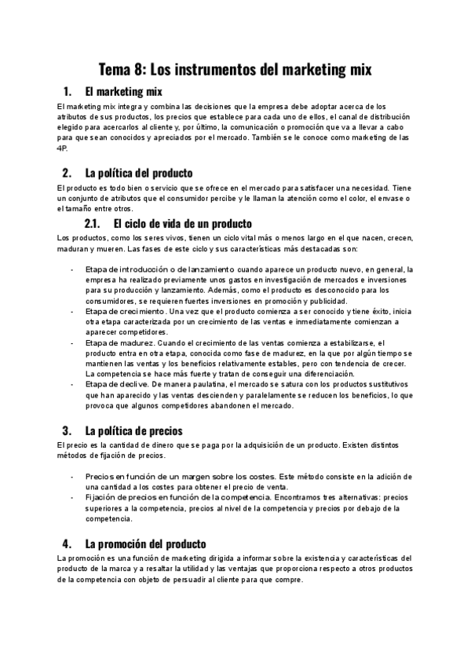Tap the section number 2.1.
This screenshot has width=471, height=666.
click(x=95, y=223)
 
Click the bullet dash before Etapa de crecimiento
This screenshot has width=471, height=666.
click(x=71, y=312)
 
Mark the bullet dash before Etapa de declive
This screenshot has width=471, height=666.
click(x=71, y=385)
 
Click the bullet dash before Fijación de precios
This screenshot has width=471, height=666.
click(x=71, y=497)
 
